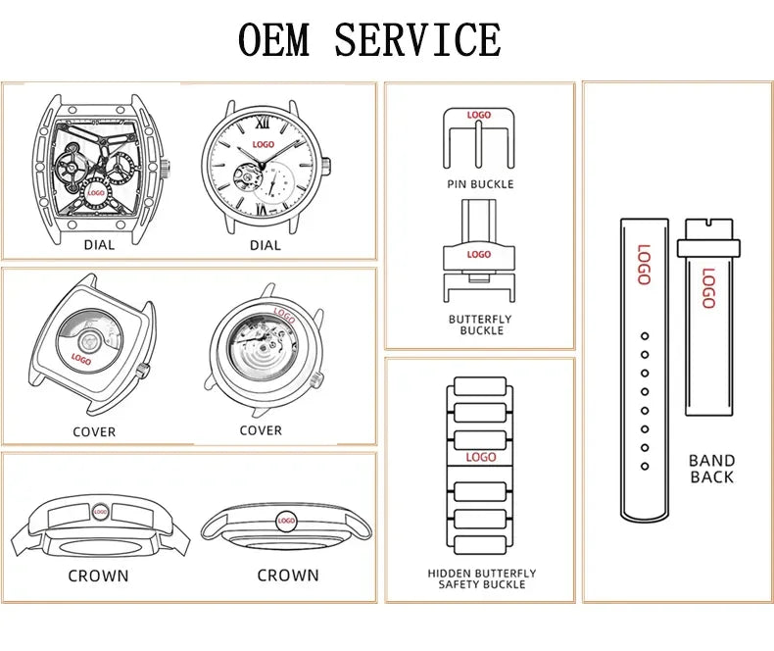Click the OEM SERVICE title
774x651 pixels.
369,40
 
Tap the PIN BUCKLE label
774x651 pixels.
479,184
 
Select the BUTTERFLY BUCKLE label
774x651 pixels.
480,325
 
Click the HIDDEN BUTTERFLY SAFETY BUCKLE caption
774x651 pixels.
481,579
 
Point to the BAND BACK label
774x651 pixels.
711,469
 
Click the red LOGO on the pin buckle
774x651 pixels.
479,116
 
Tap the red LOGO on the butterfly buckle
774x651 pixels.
479,255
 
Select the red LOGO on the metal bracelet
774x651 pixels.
481,457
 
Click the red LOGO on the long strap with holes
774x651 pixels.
644,264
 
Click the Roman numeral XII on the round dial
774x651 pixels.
264,125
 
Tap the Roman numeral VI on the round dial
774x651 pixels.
264,209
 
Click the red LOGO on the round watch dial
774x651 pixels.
264,145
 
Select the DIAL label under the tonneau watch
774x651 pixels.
99,245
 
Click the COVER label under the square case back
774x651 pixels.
94,431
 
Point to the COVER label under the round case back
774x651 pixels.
261,430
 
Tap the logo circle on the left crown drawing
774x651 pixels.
100,512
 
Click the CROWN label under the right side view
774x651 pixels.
288,576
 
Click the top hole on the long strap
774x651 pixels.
645,336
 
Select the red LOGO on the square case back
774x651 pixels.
81,359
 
